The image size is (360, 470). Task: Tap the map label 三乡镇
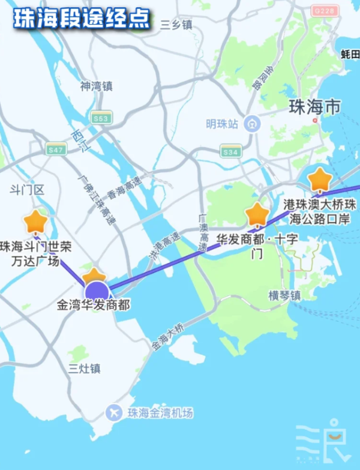point(176,25)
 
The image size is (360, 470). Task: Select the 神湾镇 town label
point(96,86)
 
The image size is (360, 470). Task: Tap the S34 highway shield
point(230,151)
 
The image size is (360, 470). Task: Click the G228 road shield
point(322,10)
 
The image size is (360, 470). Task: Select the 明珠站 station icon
point(254,124)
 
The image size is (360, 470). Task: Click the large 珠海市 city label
point(314,107)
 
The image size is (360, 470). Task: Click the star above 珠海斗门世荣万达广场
point(35,222)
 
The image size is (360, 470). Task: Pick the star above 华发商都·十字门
point(257,214)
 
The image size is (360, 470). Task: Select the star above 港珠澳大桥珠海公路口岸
point(320,179)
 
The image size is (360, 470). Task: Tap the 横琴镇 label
point(285,296)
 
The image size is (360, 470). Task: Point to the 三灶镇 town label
point(84,368)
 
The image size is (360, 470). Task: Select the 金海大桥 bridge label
point(167,337)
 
